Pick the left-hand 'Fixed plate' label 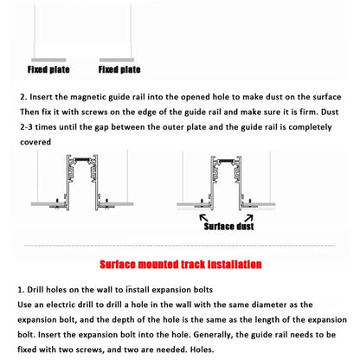[48, 68]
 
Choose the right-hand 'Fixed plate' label [119, 68]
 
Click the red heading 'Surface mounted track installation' [179, 265]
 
